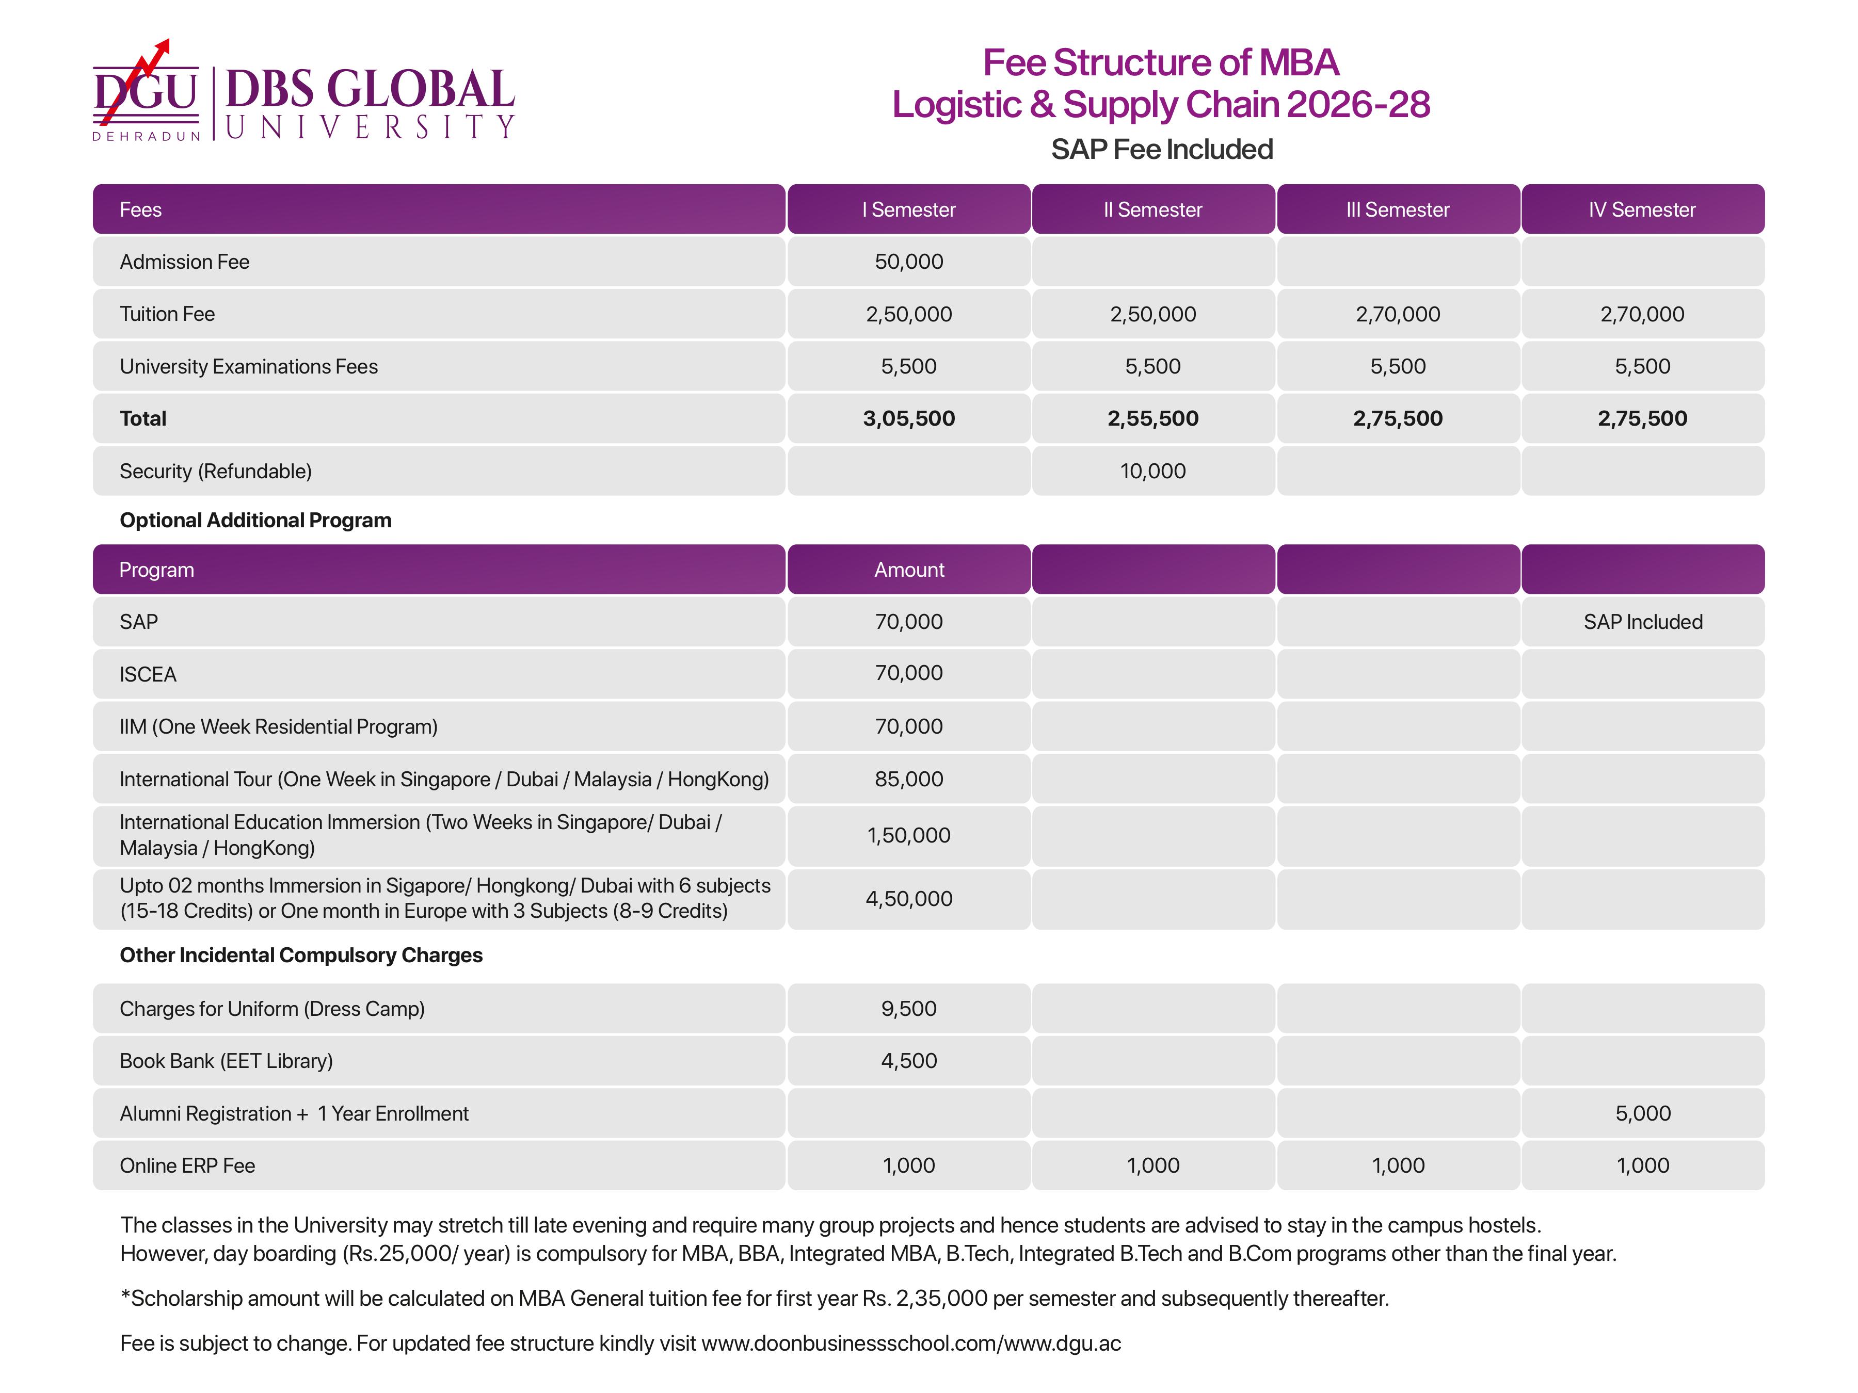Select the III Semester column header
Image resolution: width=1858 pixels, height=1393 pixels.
tap(1397, 210)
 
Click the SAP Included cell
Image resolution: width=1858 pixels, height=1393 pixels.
tap(1642, 622)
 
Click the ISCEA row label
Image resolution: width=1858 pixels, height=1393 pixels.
tap(148, 675)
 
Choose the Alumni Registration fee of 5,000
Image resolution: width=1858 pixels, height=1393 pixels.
tap(1642, 1113)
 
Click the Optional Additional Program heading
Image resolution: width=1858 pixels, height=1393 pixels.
tap(255, 521)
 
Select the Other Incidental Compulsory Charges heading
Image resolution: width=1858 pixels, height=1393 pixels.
tap(301, 955)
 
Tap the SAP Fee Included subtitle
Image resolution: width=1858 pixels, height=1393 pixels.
tap(1162, 150)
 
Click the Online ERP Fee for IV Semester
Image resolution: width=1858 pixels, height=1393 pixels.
tap(1642, 1165)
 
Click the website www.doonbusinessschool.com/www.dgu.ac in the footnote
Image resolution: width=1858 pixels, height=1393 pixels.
tap(910, 1343)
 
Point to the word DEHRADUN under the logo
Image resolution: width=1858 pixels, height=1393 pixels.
tap(146, 136)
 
